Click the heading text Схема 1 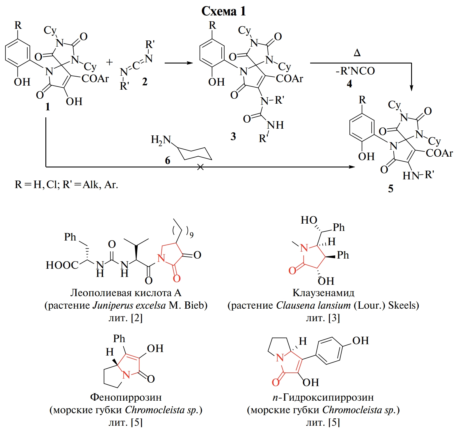[x=223, y=11]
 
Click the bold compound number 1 [x=47, y=107]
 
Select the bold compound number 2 [x=145, y=82]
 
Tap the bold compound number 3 [x=233, y=137]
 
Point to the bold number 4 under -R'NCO [x=349, y=84]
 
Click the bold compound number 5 [x=390, y=189]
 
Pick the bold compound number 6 [x=168, y=160]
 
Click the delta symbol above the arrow [x=357, y=53]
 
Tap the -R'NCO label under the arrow [x=355, y=71]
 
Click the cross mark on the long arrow [x=200, y=167]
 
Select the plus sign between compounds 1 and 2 [x=109, y=62]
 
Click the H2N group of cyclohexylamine [x=161, y=140]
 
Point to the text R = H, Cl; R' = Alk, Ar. [x=66, y=185]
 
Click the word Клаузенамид [x=323, y=293]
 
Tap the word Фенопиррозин [x=126, y=397]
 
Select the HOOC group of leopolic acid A [x=62, y=265]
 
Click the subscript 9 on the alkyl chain [x=191, y=235]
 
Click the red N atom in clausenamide [x=304, y=248]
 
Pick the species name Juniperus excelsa [x=129, y=305]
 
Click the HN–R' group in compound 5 [x=418, y=175]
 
